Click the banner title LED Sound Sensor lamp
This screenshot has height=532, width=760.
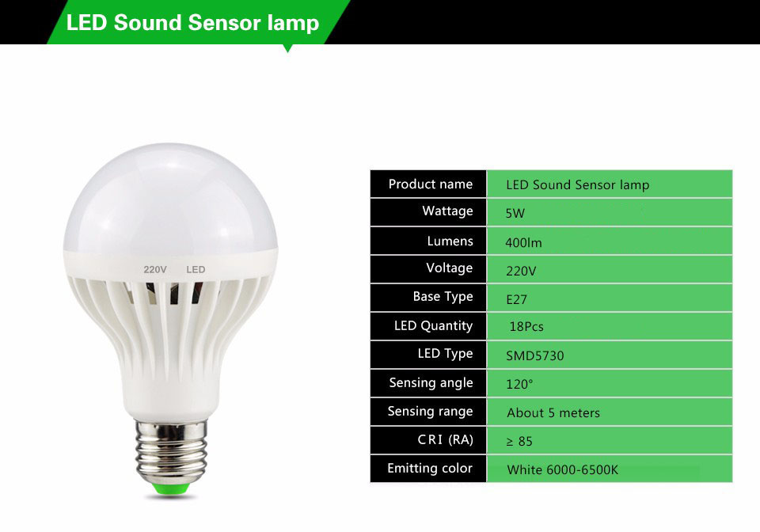coord(192,22)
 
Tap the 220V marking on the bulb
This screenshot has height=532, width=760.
coord(155,270)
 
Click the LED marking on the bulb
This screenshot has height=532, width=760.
coord(196,270)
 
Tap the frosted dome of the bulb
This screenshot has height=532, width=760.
coord(169,198)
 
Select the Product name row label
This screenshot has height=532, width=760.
coord(430,184)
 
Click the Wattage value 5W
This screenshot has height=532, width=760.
coord(515,213)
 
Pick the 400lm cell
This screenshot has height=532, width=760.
coord(523,242)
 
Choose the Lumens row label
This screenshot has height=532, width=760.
coord(450,241)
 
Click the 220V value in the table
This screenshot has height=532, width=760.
coord(521,271)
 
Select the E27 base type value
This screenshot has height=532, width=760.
coord(516,299)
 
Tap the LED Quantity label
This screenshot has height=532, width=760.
coord(433,326)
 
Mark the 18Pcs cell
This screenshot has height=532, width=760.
coord(526,327)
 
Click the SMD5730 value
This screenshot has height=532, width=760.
coord(535,355)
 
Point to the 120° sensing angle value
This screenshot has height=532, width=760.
coord(519,384)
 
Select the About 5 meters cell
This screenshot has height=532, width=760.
coord(553,412)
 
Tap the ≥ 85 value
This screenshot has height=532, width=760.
coord(519,441)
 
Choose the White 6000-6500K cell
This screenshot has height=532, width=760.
coord(562,469)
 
